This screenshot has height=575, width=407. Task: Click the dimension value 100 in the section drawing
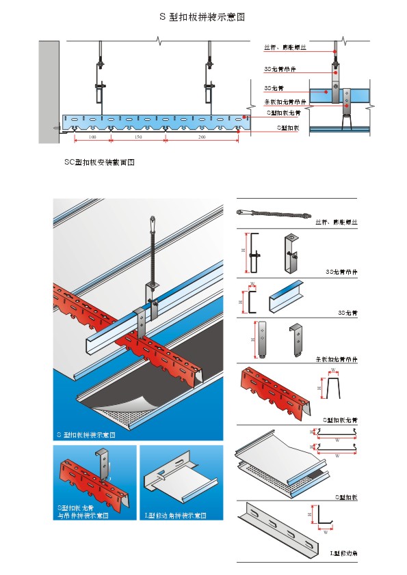tap(92, 138)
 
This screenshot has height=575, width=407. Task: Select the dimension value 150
tap(137, 138)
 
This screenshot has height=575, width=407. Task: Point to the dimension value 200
tap(201, 138)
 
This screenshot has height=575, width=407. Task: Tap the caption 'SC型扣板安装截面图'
tap(98, 163)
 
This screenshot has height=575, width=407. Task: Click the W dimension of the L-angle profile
tap(326, 532)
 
